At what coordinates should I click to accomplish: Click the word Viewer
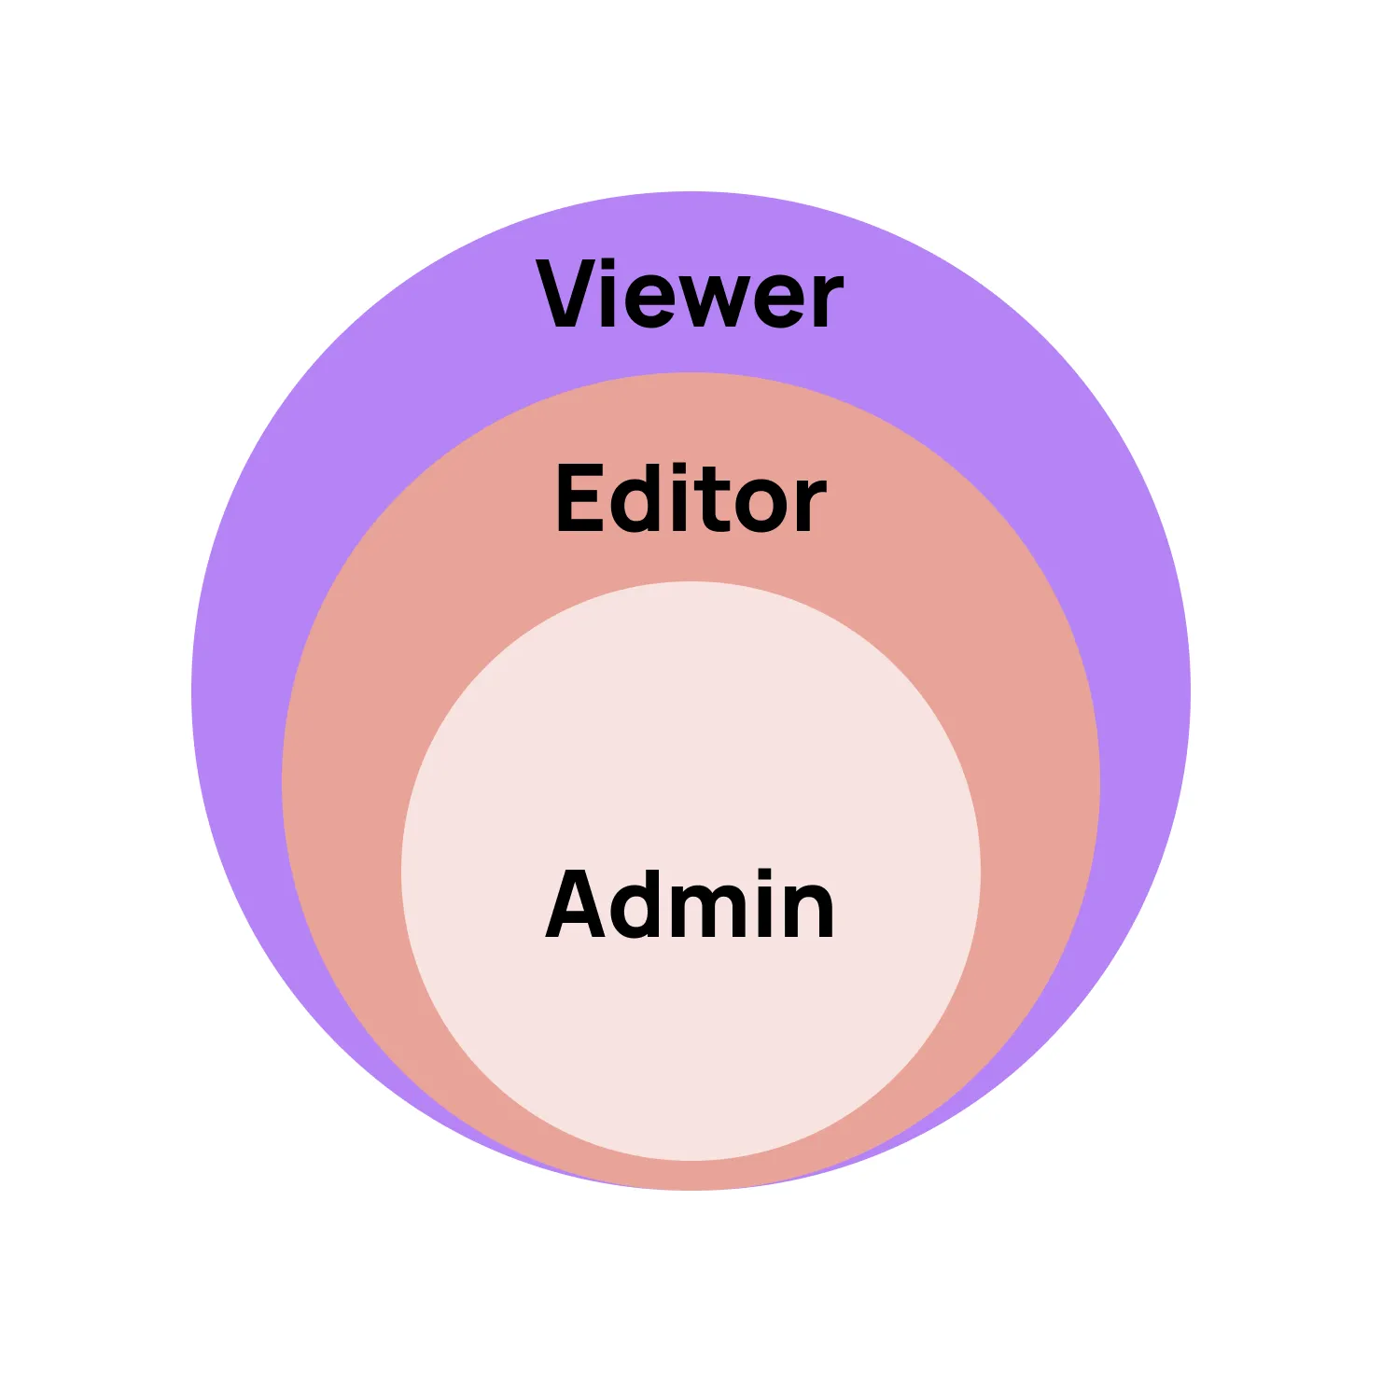coord(690,295)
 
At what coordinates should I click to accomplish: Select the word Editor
coord(691,499)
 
